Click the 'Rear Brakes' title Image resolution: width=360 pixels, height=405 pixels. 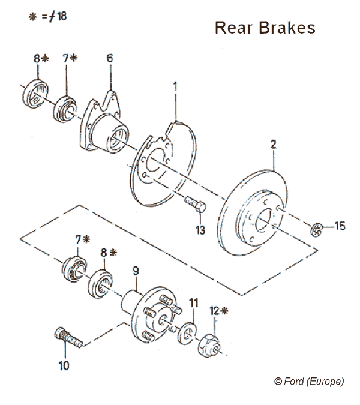tap(265, 29)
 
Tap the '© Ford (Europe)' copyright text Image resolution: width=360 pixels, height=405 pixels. tap(310, 381)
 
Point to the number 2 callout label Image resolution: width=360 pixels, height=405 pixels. tap(272, 144)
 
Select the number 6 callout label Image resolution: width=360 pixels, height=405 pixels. tap(109, 58)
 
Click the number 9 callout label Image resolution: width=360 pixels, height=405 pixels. tap(136, 270)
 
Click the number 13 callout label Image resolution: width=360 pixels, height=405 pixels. tap(200, 230)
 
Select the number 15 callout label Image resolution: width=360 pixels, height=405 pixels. tap(340, 226)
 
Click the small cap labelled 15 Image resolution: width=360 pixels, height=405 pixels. tap(319, 228)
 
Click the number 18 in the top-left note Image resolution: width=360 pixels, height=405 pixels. tap(60, 16)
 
